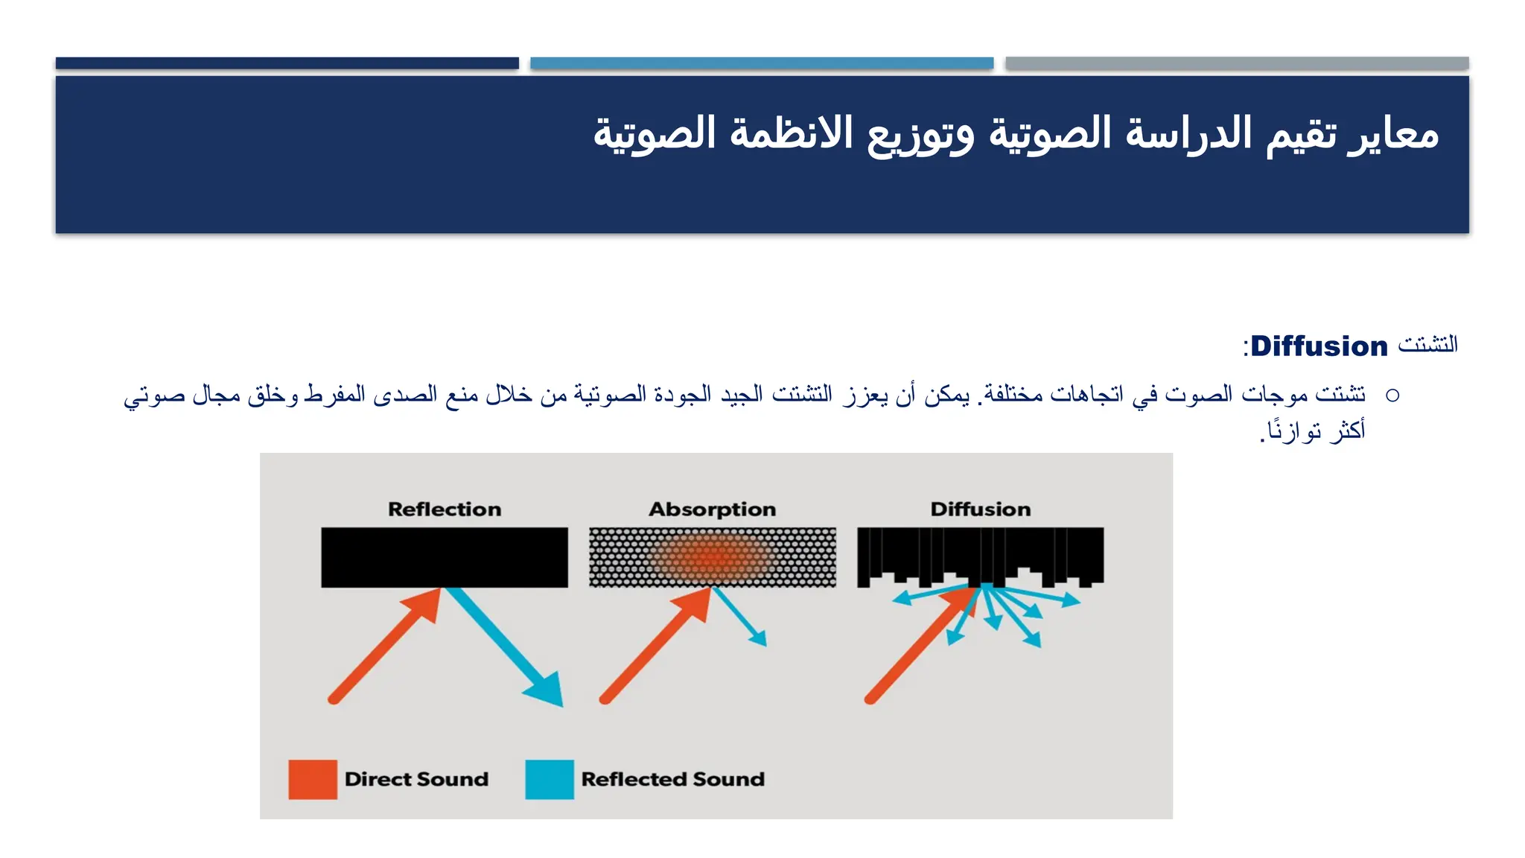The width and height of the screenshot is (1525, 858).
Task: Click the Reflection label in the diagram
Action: pyautogui.click(x=445, y=509)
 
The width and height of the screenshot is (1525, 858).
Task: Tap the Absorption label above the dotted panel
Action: pyautogui.click(x=712, y=509)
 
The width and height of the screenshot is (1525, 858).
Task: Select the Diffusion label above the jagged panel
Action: pyautogui.click(x=980, y=509)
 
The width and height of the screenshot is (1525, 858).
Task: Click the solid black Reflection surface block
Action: pyautogui.click(x=445, y=557)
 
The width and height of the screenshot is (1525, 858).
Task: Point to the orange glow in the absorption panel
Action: pyautogui.click(x=711, y=557)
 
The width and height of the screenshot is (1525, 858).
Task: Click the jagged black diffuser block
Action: pyautogui.click(x=980, y=551)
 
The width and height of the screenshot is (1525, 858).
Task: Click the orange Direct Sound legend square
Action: pyautogui.click(x=313, y=779)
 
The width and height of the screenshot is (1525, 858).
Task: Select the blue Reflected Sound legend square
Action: pyautogui.click(x=550, y=779)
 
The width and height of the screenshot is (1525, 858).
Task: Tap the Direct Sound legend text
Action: pyautogui.click(x=416, y=779)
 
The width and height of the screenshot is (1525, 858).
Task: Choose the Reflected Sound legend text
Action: pyautogui.click(x=672, y=779)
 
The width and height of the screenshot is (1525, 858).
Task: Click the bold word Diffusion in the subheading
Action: pyautogui.click(x=1319, y=346)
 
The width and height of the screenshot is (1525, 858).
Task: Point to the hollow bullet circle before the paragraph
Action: pyautogui.click(x=1392, y=395)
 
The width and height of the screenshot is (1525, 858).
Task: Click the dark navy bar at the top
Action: pyautogui.click(x=287, y=63)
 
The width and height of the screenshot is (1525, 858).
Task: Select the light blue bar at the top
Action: pyautogui.click(x=762, y=63)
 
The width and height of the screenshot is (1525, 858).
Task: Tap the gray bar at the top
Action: pyautogui.click(x=1237, y=63)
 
